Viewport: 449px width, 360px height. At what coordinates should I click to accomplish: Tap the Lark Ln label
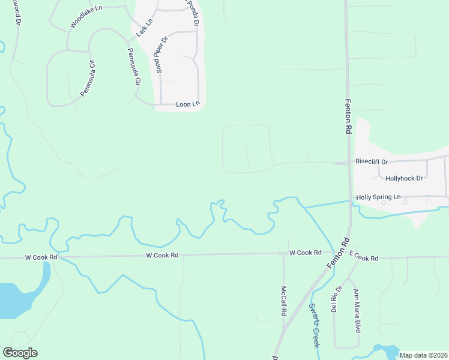point(145,28)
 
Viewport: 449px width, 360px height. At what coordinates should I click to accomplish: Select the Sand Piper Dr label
point(161,55)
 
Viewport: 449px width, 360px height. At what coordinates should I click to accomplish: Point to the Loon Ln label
point(187,104)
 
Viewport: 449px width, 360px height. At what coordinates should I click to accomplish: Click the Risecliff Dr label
point(372,161)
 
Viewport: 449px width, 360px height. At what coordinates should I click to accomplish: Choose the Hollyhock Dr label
point(404,178)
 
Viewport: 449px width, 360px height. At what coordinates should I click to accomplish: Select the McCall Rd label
point(283,301)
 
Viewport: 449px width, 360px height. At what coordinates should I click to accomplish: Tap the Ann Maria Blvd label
point(357,311)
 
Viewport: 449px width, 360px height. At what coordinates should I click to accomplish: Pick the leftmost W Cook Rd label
point(41,257)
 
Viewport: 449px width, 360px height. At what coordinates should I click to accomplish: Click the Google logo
point(20,353)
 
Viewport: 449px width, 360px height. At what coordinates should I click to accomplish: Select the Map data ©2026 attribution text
point(423,355)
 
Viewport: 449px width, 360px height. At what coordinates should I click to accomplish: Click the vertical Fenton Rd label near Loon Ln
point(348,116)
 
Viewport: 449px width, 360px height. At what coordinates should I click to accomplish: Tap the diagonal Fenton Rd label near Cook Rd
point(338,253)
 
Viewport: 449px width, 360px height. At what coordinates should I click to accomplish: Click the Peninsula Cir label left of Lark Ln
point(88,78)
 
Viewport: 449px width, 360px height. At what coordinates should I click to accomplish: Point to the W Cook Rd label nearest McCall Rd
point(305,253)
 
